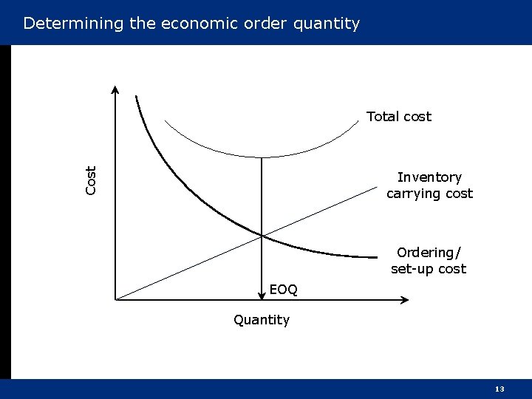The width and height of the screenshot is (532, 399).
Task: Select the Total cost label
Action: pyautogui.click(x=399, y=117)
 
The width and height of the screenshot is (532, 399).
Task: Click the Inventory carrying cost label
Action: pyautogui.click(x=429, y=185)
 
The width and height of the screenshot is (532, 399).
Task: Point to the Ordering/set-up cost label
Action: pyautogui.click(x=429, y=261)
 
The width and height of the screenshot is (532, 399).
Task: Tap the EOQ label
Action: pyautogui.click(x=284, y=290)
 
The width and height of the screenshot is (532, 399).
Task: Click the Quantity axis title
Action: pyautogui.click(x=262, y=320)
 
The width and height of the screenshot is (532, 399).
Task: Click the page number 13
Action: pyautogui.click(x=499, y=389)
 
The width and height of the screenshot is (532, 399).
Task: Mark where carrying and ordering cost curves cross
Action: pyautogui.click(x=262, y=236)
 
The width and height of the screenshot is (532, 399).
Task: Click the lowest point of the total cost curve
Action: pyautogui.click(x=262, y=157)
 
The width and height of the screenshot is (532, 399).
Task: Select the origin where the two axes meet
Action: pyautogui.click(x=116, y=299)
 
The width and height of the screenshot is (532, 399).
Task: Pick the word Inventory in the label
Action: pyautogui.click(x=429, y=177)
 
